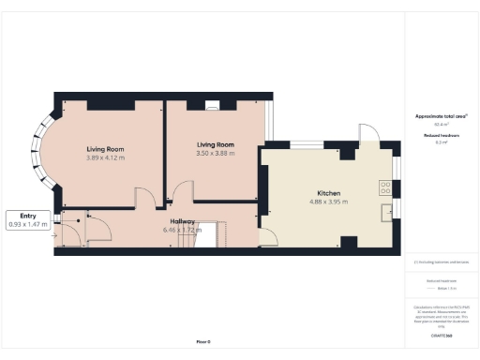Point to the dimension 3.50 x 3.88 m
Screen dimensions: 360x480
coord(215,153)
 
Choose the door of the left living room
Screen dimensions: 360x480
coord(145,197)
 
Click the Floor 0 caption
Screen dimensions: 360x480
coord(202,341)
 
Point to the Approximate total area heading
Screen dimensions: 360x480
coord(441,116)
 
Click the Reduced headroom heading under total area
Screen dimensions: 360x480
coord(441,137)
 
